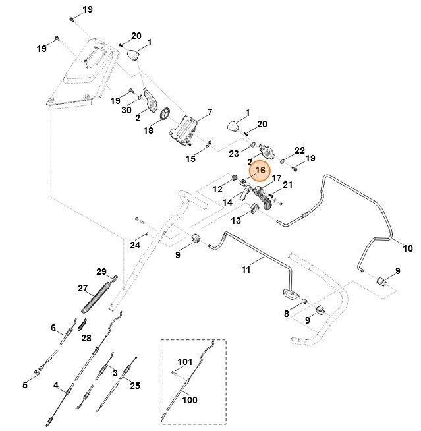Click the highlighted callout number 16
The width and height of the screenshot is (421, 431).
click(260, 170)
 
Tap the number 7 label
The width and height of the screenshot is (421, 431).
click(210, 112)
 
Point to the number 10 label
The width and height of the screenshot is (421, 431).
click(408, 248)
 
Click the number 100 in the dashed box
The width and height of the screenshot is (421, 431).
click(189, 399)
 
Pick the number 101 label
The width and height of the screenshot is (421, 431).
click(185, 361)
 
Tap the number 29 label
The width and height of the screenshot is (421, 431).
click(101, 272)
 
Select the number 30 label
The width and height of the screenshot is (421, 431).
click(126, 111)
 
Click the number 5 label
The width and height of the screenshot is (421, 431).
click(25, 385)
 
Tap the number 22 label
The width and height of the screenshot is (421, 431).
click(300, 150)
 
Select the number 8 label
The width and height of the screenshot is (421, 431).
click(287, 314)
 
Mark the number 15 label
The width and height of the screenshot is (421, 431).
click(190, 159)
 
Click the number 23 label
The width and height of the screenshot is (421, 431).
click(234, 154)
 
